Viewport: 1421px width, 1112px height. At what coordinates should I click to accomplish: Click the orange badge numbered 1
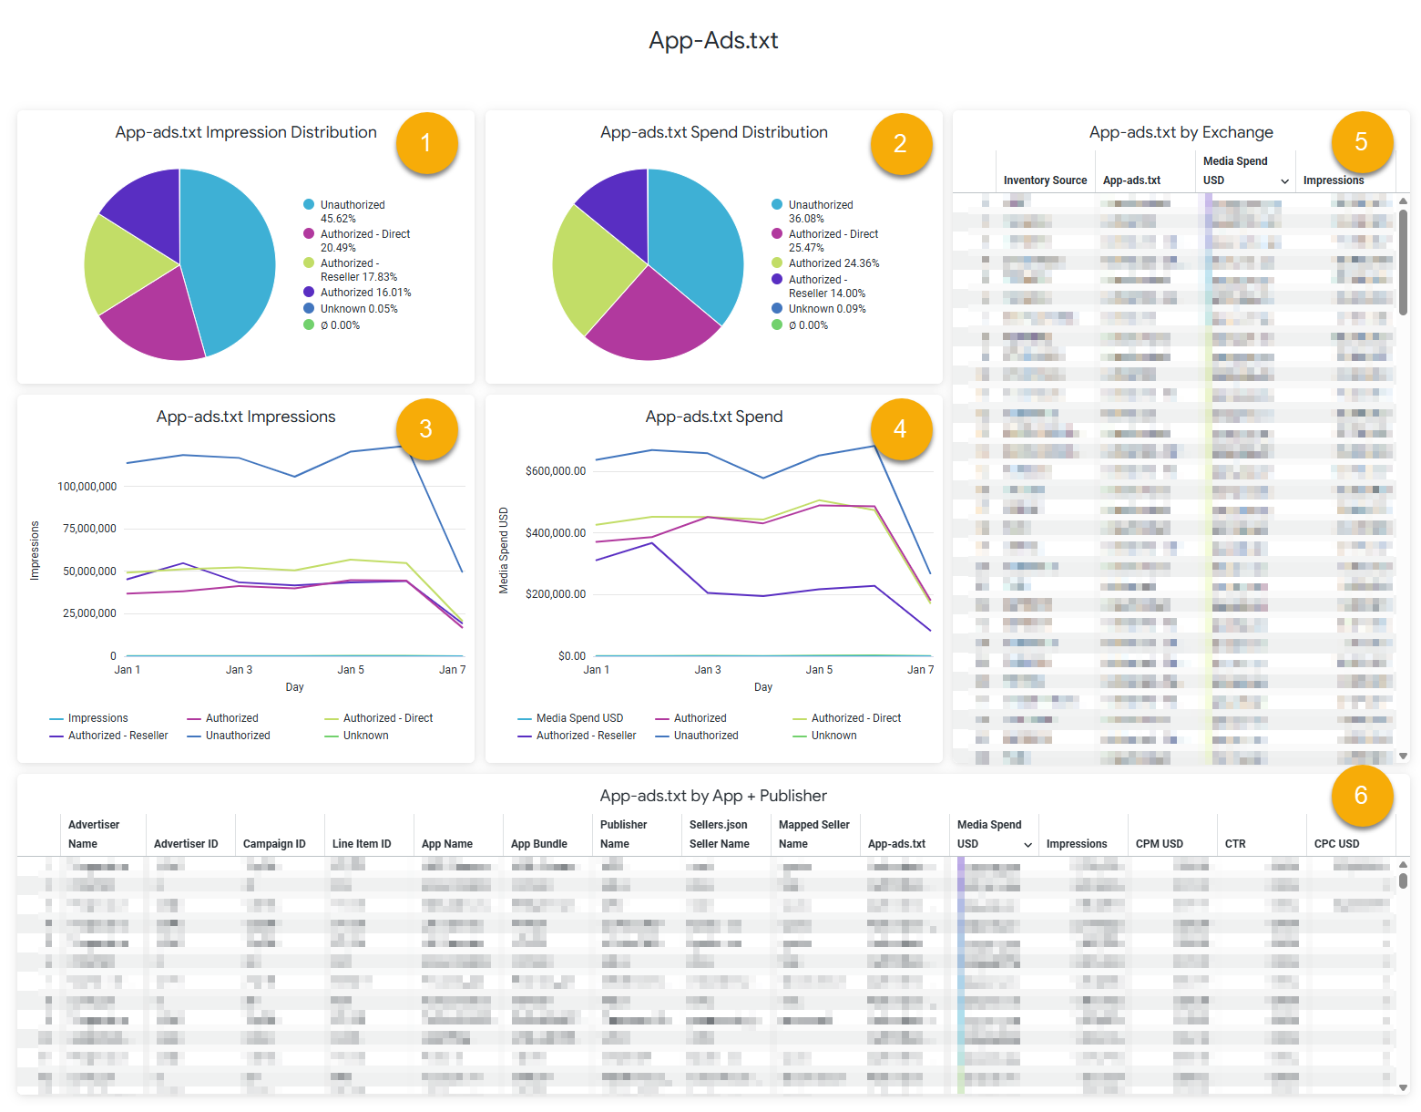click(x=425, y=143)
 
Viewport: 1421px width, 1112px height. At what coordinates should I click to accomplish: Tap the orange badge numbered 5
click(x=1361, y=142)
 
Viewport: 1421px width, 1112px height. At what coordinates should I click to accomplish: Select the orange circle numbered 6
click(x=1361, y=796)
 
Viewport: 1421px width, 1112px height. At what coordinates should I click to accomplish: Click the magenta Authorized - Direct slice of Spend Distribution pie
click(x=651, y=319)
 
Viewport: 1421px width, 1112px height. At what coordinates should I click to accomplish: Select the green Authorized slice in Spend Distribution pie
click(x=592, y=269)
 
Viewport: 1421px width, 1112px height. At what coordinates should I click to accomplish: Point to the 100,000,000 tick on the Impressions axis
click(x=87, y=487)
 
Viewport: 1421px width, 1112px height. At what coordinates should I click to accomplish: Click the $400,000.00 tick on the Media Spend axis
click(x=556, y=533)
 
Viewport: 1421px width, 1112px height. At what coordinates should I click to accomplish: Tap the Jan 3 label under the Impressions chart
click(x=239, y=670)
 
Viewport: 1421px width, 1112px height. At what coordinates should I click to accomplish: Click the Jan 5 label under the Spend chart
click(x=819, y=670)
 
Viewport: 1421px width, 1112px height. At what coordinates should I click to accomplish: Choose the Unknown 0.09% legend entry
click(x=826, y=309)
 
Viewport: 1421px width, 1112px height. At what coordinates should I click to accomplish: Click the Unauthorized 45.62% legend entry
click(x=352, y=211)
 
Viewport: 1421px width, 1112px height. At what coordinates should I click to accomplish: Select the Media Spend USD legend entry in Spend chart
click(x=579, y=718)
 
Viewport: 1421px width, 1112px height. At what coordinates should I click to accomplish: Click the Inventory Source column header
click(x=1045, y=180)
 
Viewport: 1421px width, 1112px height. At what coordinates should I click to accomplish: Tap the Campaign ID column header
click(x=274, y=844)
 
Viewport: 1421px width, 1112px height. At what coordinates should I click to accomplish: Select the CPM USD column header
click(x=1159, y=844)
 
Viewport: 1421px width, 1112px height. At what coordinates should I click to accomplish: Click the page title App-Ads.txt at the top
click(x=713, y=41)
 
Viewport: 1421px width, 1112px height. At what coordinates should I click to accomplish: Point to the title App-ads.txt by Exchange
click(x=1181, y=132)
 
